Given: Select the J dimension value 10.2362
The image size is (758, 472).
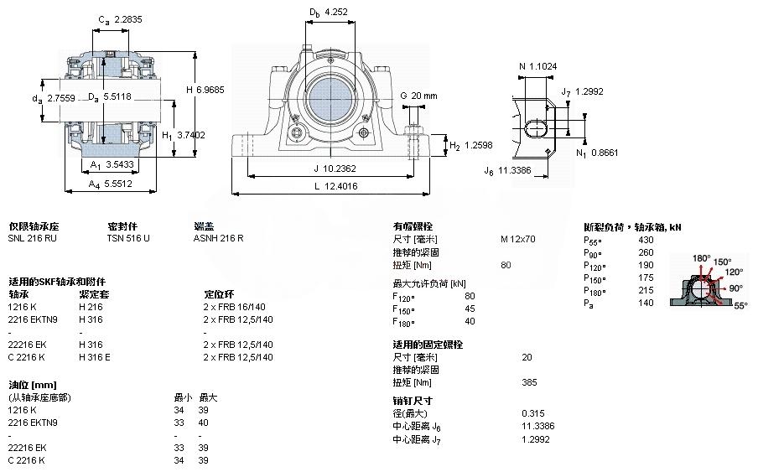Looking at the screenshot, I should (x=339, y=169).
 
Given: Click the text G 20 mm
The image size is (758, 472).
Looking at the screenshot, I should (x=419, y=96).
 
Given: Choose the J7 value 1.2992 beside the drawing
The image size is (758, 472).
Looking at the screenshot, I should (x=591, y=91).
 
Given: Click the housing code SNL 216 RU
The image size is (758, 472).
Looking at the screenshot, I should (x=32, y=239).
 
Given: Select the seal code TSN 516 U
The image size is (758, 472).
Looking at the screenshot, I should (x=128, y=239).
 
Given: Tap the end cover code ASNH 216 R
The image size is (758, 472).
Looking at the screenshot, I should (x=218, y=239).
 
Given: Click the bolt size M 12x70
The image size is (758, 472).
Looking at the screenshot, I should (x=517, y=239).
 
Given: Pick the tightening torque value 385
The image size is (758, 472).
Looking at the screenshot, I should (x=529, y=382).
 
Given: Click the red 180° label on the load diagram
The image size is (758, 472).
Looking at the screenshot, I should (x=701, y=258).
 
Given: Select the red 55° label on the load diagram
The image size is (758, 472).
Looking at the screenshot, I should (x=741, y=306).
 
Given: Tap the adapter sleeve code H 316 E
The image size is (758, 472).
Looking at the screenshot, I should (x=94, y=357).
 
